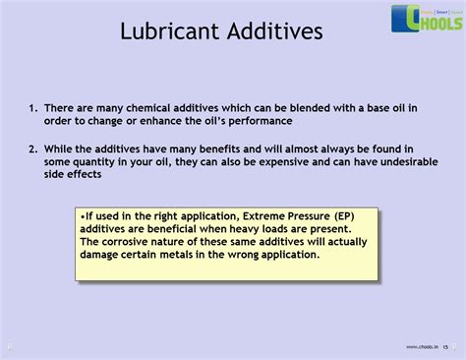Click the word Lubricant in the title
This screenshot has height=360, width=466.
coord(170,31)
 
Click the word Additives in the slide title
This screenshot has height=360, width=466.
coord(275,31)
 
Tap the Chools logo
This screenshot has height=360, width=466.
coord(427,19)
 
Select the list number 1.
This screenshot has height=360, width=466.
coord(33,108)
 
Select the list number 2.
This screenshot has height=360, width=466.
coord(33,150)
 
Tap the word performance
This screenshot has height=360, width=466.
coord(261,122)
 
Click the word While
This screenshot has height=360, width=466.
coord(58,150)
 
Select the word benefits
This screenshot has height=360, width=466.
coord(219,150)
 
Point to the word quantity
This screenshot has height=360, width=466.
coord(93,162)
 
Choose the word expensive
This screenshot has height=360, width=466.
coord(283,162)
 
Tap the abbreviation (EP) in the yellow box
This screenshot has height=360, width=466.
coord(344,216)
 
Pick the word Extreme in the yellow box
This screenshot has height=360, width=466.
coord(263,216)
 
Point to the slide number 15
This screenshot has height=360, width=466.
coord(445,347)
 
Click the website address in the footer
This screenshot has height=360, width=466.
coord(422,347)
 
